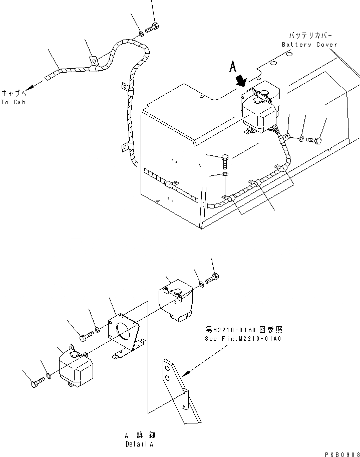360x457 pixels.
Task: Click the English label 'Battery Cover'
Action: click(x=309, y=45)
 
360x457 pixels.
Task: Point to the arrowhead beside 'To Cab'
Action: click(x=30, y=87)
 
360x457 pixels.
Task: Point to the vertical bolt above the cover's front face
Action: click(x=225, y=161)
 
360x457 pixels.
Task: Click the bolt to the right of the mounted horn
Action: click(x=314, y=140)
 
